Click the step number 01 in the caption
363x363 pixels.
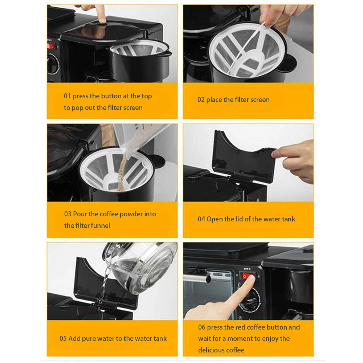(x=67, y=96)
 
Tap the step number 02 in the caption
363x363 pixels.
(x=201, y=100)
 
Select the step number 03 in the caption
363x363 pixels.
(x=68, y=214)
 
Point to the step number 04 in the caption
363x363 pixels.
(x=201, y=219)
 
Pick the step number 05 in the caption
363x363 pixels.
(x=63, y=338)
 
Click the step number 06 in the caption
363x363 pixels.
(x=201, y=327)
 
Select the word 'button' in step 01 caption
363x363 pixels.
(x=111, y=96)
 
